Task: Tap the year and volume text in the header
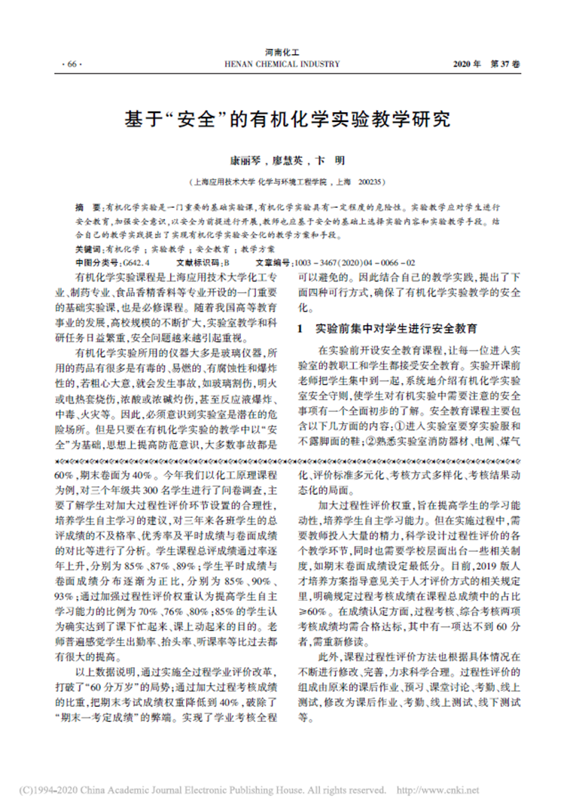tap(486, 65)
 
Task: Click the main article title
tap(286, 120)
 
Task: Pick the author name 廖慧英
tap(288, 160)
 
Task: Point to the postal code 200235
tap(373, 181)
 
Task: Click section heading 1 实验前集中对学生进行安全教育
tap(387, 330)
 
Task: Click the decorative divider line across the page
tap(286, 458)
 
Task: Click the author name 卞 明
tap(331, 160)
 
